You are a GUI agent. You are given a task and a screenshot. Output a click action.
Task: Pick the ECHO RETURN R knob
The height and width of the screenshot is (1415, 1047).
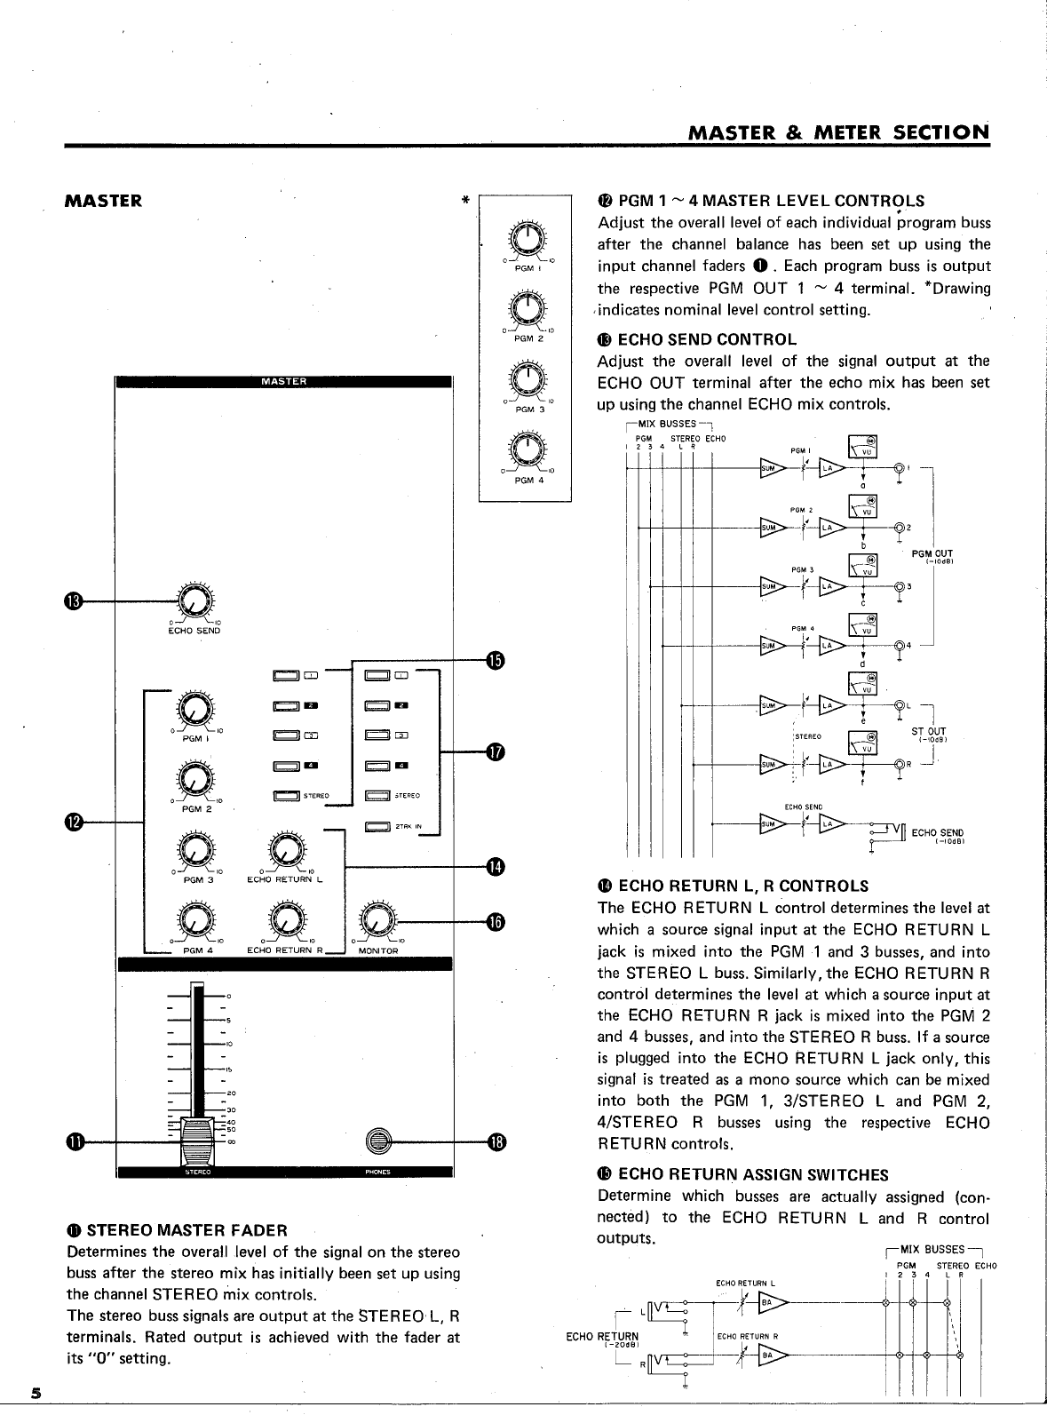point(284,922)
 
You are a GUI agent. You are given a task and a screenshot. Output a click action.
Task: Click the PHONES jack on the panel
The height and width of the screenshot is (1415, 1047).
point(379,1141)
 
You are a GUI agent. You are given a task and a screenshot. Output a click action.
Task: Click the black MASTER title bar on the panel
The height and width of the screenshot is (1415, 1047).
point(284,382)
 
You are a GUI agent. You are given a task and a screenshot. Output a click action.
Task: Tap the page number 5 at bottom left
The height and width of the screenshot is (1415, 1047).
point(36,1392)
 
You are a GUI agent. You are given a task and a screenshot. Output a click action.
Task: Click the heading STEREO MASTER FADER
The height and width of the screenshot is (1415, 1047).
point(186,1230)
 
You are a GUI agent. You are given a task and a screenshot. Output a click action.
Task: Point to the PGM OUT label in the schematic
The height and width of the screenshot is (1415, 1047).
point(932,554)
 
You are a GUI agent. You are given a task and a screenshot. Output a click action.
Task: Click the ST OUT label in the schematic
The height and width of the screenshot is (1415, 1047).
point(929,732)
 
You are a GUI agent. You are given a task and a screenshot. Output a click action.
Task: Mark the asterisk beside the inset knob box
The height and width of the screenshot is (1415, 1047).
point(465,201)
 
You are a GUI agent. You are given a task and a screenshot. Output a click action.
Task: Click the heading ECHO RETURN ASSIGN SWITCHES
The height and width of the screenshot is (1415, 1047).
point(752,1175)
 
